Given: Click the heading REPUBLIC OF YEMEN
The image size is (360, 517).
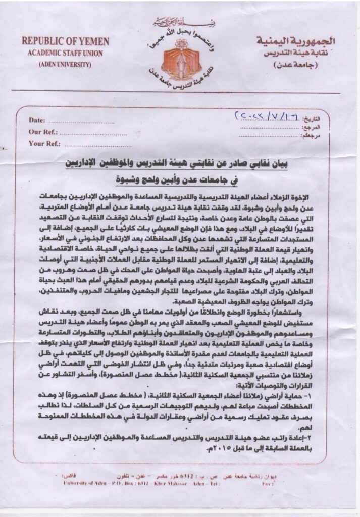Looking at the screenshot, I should [x=56, y=41].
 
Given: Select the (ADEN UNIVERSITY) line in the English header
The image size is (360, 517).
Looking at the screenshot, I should [x=56, y=64].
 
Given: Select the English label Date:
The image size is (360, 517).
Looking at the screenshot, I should [x=37, y=120].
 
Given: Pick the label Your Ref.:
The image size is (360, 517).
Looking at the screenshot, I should [x=44, y=143].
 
